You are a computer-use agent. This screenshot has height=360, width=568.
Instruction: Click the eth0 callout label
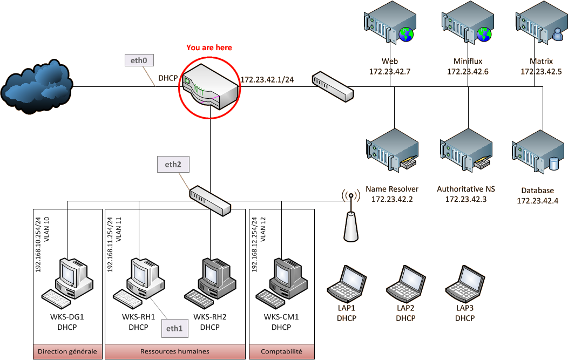click(x=139, y=60)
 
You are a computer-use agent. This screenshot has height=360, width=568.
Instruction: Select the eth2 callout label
click(x=173, y=165)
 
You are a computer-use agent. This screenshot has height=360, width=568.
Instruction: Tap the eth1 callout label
click(x=174, y=327)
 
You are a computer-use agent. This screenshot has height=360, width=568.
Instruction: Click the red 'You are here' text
click(x=209, y=47)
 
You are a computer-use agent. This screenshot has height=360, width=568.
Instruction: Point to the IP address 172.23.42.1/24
click(x=267, y=80)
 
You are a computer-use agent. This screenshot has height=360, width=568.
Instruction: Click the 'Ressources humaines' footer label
click(x=174, y=351)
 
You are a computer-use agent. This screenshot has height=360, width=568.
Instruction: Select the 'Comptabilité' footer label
click(x=281, y=351)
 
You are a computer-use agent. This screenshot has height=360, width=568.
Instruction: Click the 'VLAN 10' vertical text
click(x=46, y=228)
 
